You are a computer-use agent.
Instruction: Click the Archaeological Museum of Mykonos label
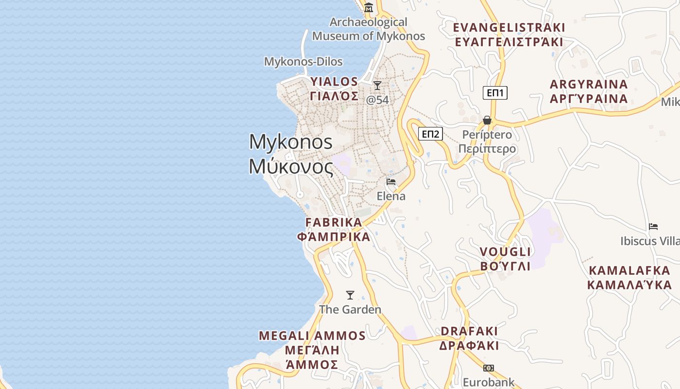[368, 29]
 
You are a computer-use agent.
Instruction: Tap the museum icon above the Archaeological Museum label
[369, 7]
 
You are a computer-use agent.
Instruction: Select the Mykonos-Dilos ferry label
[303, 62]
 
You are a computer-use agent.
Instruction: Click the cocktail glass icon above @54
[377, 86]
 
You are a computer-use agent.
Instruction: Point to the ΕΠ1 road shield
[495, 93]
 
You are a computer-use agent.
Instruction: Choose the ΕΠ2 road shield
[430, 134]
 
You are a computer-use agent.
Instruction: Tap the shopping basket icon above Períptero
[487, 120]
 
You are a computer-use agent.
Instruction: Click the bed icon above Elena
[391, 182]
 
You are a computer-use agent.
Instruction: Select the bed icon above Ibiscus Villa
[653, 227]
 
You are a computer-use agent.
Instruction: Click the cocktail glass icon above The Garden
[350, 295]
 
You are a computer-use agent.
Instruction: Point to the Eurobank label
[488, 382]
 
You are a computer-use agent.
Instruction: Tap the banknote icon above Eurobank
[489, 368]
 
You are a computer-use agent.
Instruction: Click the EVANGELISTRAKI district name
[509, 27]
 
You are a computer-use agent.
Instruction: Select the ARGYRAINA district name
[589, 84]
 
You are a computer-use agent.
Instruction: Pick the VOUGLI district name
[505, 252]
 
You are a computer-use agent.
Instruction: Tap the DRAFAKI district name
[469, 331]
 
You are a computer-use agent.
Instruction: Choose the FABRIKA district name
[334, 222]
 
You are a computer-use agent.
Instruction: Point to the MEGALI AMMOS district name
[312, 336]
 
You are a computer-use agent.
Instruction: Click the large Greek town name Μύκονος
[291, 167]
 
